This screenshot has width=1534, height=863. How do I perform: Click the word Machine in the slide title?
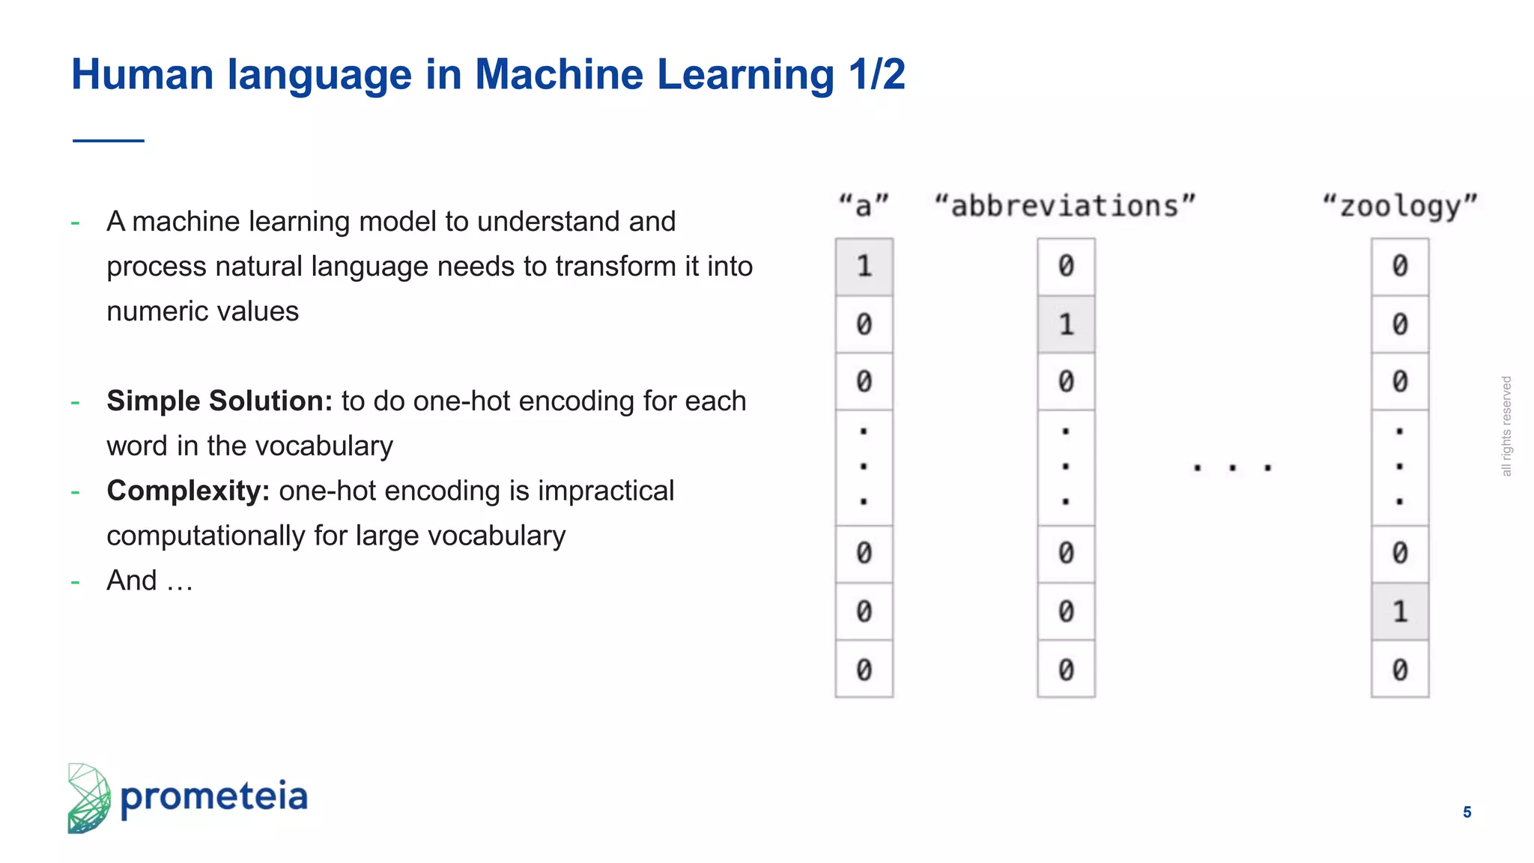(x=559, y=75)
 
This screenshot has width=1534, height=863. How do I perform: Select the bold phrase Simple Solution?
(x=219, y=402)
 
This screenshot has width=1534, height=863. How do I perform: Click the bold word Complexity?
(x=188, y=491)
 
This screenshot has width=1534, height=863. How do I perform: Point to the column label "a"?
(x=864, y=205)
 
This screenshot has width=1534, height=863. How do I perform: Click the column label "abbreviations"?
(x=1065, y=205)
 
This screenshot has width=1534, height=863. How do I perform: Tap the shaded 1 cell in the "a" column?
(x=864, y=267)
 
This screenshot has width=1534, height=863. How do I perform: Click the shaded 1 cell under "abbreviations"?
(x=1066, y=324)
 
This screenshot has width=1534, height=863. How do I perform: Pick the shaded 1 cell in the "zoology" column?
(x=1400, y=612)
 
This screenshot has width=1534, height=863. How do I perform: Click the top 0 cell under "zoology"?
(x=1400, y=267)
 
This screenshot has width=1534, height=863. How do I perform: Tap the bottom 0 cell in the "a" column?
(x=864, y=670)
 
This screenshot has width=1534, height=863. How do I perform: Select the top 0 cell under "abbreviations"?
(x=1066, y=267)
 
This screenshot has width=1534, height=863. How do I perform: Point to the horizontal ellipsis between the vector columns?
(x=1232, y=468)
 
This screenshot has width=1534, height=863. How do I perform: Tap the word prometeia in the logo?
(x=214, y=797)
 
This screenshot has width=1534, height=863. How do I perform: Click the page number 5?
(x=1467, y=812)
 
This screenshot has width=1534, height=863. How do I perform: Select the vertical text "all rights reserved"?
(x=1506, y=426)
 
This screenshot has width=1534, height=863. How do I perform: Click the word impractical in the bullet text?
(x=606, y=491)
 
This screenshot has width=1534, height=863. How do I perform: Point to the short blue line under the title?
(x=109, y=140)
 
